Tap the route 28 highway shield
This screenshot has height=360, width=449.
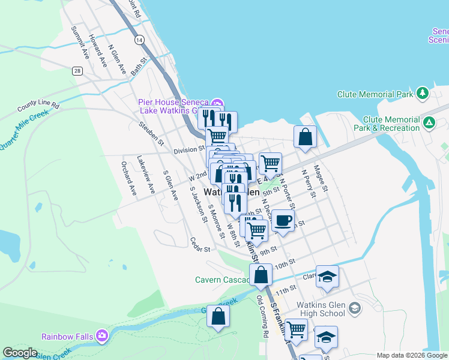(77, 71)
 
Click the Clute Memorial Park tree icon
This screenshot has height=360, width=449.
(423, 94)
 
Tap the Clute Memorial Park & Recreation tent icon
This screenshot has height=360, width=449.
(429, 123)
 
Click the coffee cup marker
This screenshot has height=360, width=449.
(283, 220)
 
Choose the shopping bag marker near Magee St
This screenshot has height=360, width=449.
(306, 137)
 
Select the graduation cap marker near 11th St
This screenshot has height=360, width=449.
(327, 277)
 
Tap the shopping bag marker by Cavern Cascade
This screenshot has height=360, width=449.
(261, 275)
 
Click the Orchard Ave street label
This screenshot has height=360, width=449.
(129, 177)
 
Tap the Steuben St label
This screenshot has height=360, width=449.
(151, 133)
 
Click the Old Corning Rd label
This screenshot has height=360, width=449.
(263, 316)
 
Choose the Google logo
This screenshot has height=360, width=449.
(20, 353)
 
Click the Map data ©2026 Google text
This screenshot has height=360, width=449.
(412, 355)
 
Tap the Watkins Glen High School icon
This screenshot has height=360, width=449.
(355, 308)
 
